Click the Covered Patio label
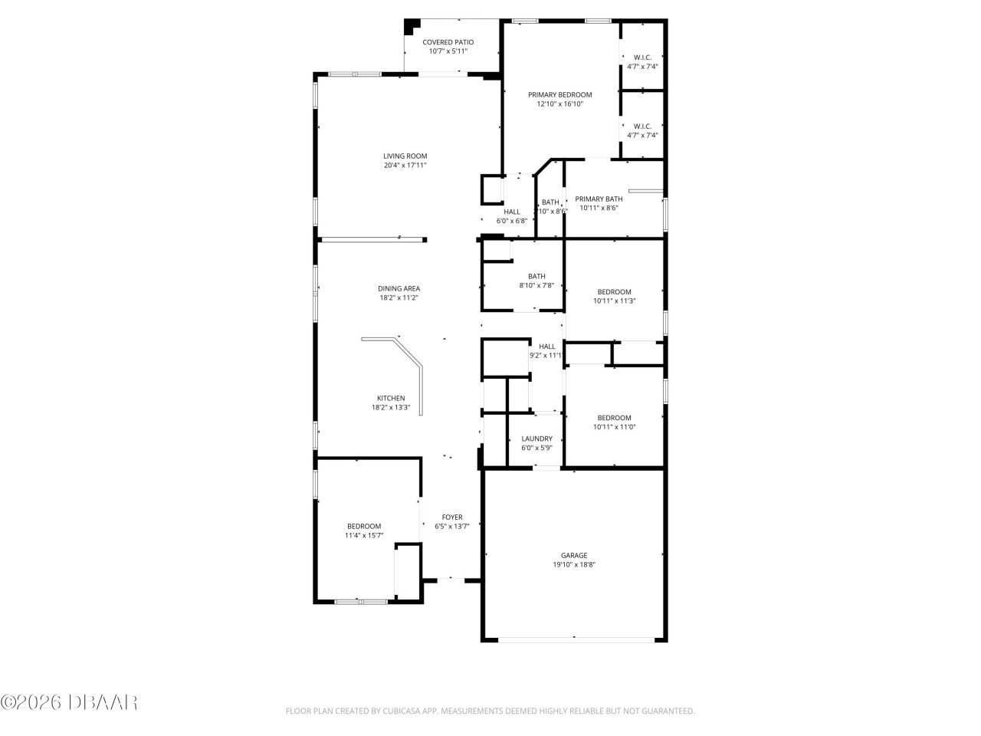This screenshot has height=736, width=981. point(448,42)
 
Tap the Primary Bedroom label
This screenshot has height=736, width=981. point(559,95)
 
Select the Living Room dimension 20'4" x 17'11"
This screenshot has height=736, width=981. point(405,165)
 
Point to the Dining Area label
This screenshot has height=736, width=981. point(399,288)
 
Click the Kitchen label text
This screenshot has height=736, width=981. point(391,398)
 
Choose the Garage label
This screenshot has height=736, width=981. point(574,555)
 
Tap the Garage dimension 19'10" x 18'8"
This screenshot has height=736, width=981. point(574,565)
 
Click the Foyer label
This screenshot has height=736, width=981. point(451,517)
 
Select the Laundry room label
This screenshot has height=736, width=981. point(536,439)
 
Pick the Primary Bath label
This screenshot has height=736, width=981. point(599,199)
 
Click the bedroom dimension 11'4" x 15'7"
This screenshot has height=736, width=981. point(363,536)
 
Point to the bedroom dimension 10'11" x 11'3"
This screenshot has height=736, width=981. point(614,301)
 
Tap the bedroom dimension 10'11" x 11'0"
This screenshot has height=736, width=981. point(614,427)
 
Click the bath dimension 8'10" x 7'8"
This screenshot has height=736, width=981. point(536,285)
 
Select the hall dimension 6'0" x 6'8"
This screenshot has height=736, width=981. point(512,221)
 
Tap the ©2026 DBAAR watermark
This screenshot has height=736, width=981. point(69,701)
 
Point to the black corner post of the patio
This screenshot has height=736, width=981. point(411,25)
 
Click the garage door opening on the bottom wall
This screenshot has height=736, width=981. point(574,639)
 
